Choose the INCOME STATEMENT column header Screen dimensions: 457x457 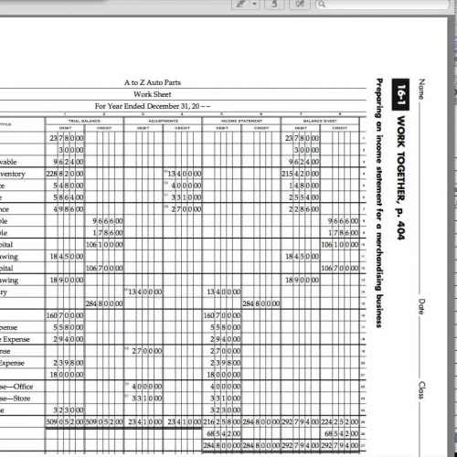(241, 121)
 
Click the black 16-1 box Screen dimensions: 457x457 (402, 91)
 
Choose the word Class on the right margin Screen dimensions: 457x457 (421, 389)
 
